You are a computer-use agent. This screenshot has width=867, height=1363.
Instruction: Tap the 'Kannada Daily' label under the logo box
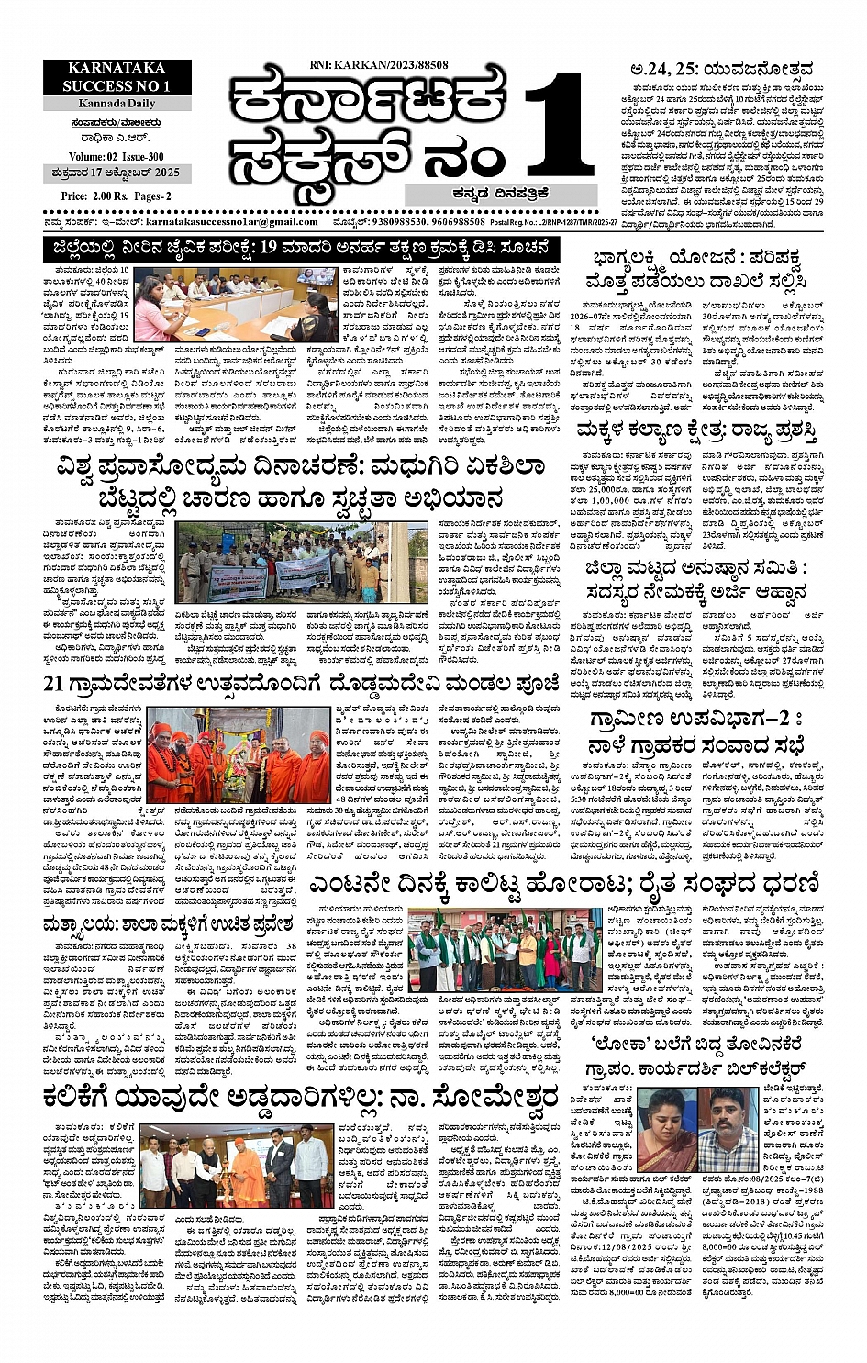tap(116, 104)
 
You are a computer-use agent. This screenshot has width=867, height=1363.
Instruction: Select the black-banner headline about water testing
tap(302, 248)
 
